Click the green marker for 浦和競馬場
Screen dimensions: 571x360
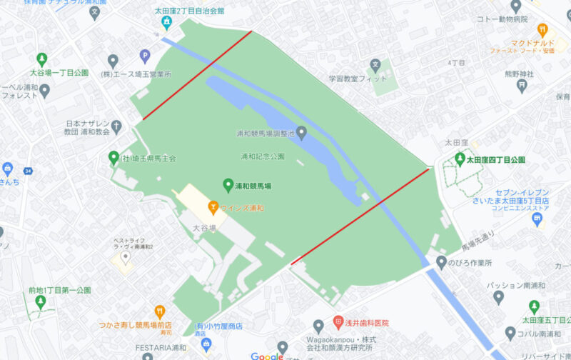228,185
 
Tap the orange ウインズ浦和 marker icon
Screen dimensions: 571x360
213,208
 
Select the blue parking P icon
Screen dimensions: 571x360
145,56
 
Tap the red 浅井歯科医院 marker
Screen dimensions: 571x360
338,323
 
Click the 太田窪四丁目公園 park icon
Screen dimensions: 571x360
460,159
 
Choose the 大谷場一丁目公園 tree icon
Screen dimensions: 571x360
41,59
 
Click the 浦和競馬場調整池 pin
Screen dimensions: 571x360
301,133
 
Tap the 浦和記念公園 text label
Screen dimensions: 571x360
263,156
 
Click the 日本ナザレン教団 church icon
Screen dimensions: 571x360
116,126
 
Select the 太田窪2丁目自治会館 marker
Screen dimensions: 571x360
167,24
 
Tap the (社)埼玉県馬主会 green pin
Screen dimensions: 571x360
113,158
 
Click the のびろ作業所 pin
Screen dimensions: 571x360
441,262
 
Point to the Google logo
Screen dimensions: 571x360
267,356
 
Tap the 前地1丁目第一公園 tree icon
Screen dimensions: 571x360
41,302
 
